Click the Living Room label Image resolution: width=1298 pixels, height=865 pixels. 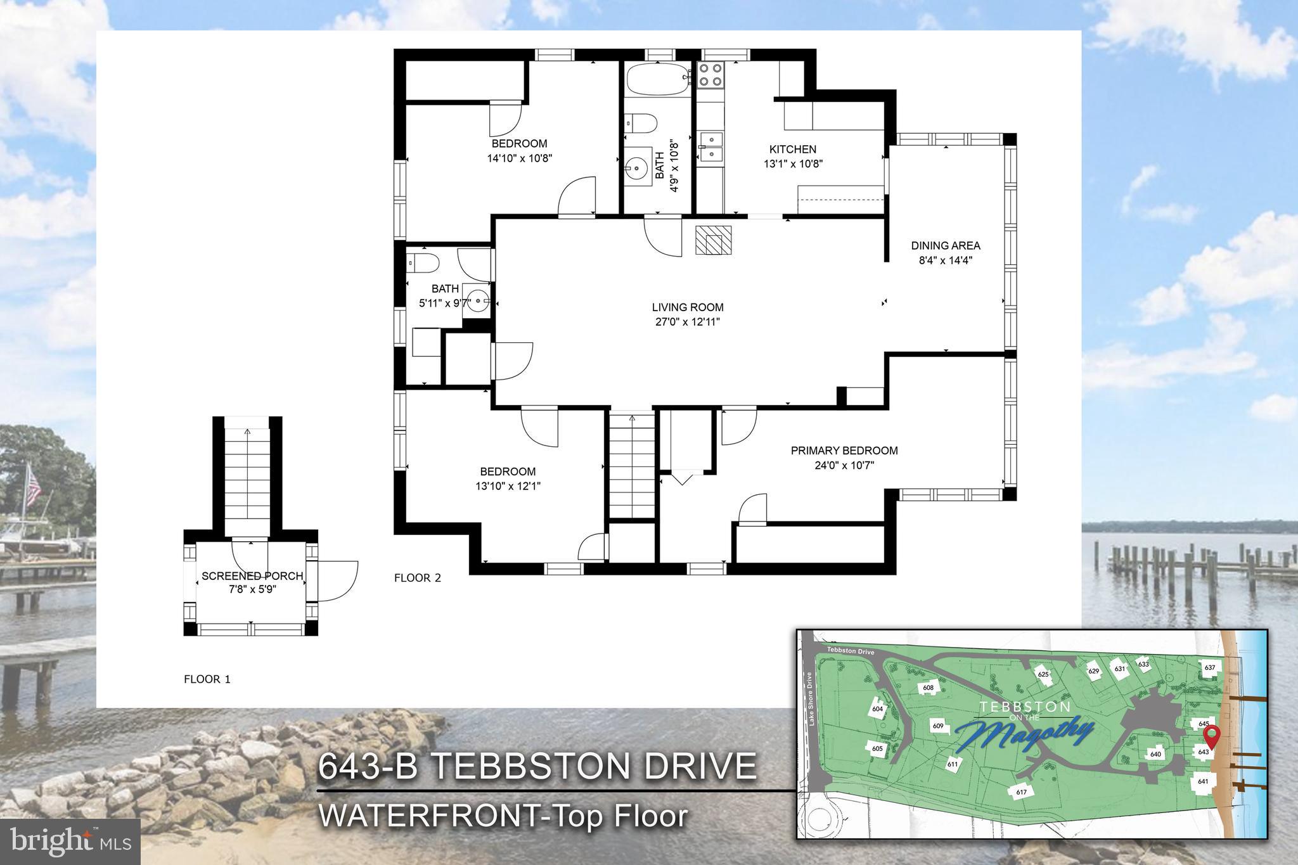coord(688,307)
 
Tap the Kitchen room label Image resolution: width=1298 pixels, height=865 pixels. coord(792,150)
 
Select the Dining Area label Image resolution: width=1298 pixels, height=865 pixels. coord(946,246)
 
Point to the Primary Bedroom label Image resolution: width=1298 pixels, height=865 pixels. coord(844,451)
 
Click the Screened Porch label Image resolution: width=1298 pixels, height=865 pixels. coord(252,576)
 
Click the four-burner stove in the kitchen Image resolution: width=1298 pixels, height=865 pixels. coord(710,75)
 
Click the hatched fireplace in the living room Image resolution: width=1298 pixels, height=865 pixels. coord(714,240)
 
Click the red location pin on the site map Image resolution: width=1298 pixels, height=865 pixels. coord(1211,737)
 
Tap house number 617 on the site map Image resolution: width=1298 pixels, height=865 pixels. coord(1021,792)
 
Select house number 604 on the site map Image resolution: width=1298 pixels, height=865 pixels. coord(878,709)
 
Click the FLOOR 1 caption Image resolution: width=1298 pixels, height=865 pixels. coord(207,679)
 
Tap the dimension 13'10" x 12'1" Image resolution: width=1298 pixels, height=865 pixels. coord(508,487)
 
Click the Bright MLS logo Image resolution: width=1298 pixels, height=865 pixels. coord(70,841)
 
